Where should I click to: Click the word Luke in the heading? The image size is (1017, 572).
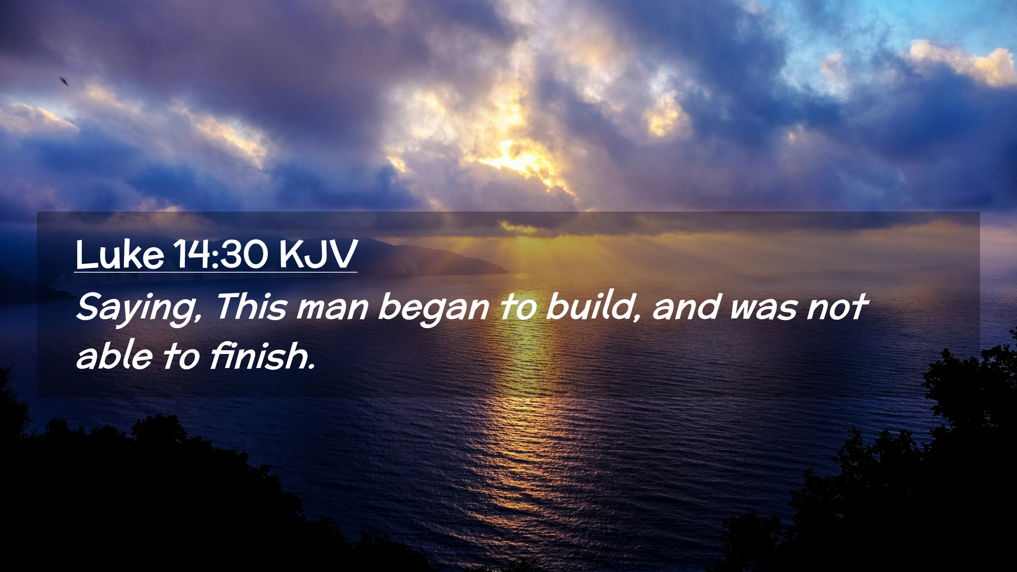click(120, 255)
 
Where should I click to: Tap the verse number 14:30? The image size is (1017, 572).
click(221, 255)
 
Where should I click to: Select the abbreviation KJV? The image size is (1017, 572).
click(318, 255)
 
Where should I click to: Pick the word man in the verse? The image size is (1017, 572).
click(332, 309)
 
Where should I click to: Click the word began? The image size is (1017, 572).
click(433, 308)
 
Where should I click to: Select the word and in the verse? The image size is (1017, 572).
click(686, 307)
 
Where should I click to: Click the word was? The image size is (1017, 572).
click(763, 309)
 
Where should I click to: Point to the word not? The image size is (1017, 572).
click(837, 308)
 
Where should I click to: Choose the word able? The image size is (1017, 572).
click(114, 355)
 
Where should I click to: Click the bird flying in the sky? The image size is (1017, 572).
click(64, 81)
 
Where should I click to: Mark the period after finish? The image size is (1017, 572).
click(312, 367)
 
